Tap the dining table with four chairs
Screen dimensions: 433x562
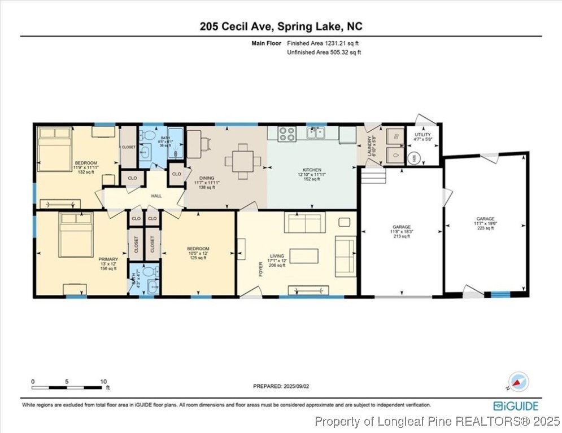(243, 161)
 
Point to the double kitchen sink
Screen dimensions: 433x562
(316, 133)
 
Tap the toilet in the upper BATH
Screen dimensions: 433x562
(149, 135)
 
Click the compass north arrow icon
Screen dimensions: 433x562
(519, 382)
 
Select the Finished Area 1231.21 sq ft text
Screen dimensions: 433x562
(323, 43)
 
